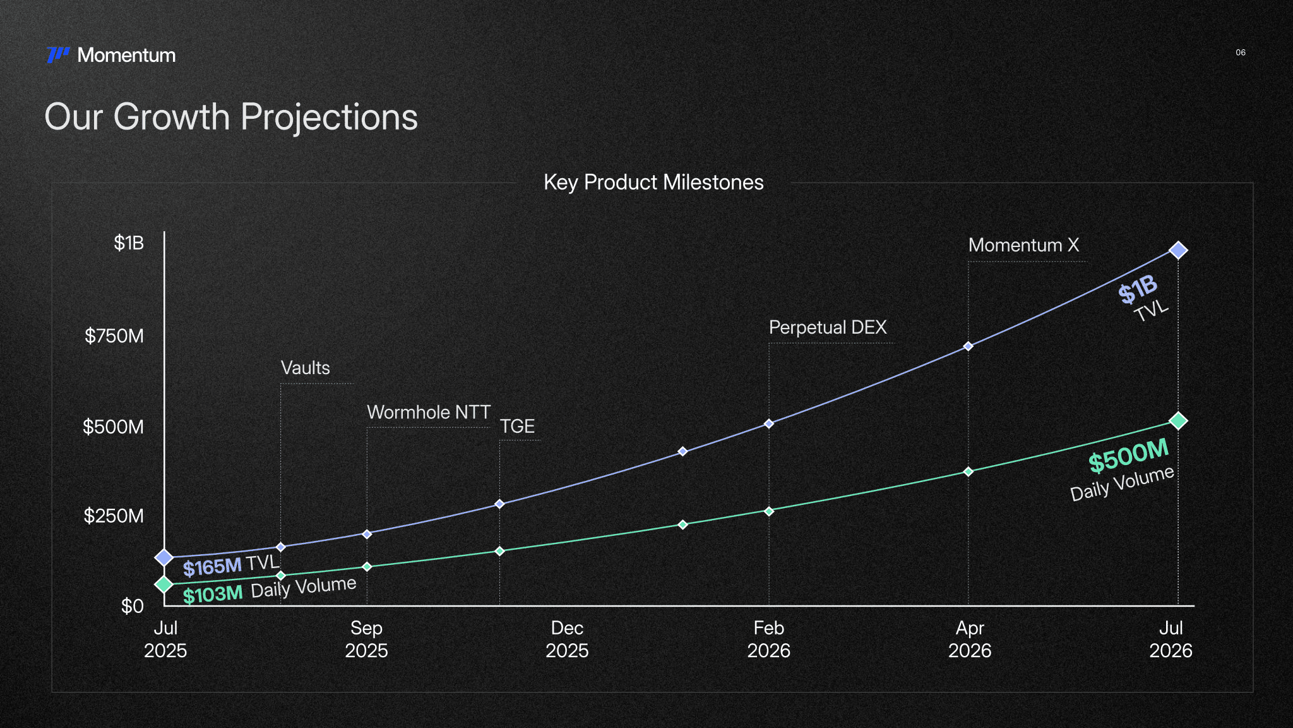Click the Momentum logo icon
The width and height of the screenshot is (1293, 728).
pyautogui.click(x=58, y=55)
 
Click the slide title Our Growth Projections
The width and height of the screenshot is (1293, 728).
pyautogui.click(x=231, y=117)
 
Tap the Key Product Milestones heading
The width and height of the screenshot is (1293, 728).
pyautogui.click(x=653, y=183)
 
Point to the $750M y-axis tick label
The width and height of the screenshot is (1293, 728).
pyautogui.click(x=114, y=336)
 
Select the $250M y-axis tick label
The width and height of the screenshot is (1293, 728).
pyautogui.click(x=114, y=516)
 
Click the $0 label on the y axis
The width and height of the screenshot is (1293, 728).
pyautogui.click(x=133, y=606)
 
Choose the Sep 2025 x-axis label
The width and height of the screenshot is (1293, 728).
pyautogui.click(x=366, y=639)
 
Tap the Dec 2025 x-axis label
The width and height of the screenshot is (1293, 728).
pyautogui.click(x=567, y=639)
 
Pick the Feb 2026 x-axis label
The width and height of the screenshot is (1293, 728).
pyautogui.click(x=768, y=639)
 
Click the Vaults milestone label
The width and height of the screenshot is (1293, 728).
pyautogui.click(x=305, y=368)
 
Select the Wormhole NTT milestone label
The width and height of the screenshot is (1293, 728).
pyautogui.click(x=429, y=412)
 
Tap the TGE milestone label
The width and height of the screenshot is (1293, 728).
pyautogui.click(x=517, y=427)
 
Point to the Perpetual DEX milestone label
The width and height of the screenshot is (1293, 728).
pyautogui.click(x=828, y=327)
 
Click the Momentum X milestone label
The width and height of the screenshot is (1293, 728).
pyautogui.click(x=1023, y=245)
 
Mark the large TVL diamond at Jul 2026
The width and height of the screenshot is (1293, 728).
pyautogui.click(x=1177, y=250)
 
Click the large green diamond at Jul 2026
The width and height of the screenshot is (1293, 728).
pyautogui.click(x=1177, y=421)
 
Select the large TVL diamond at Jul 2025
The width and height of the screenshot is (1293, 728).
pyautogui.click(x=164, y=557)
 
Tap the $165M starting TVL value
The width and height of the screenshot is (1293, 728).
pyautogui.click(x=212, y=567)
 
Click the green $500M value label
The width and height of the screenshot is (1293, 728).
pyautogui.click(x=1129, y=456)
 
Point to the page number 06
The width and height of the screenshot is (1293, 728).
pyautogui.click(x=1241, y=52)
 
